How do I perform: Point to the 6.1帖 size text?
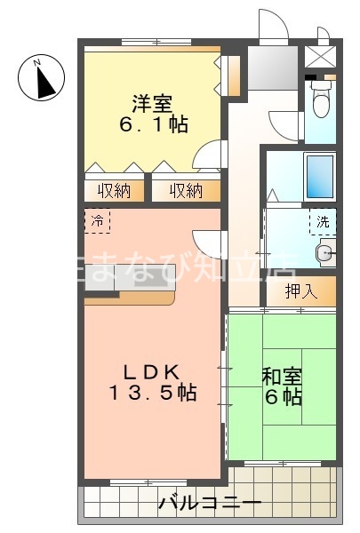[x=153, y=124]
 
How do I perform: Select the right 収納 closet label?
[x=185, y=191]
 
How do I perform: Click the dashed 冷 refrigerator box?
[x=97, y=219]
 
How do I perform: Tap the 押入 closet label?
[x=301, y=290]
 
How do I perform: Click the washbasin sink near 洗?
[x=326, y=254]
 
